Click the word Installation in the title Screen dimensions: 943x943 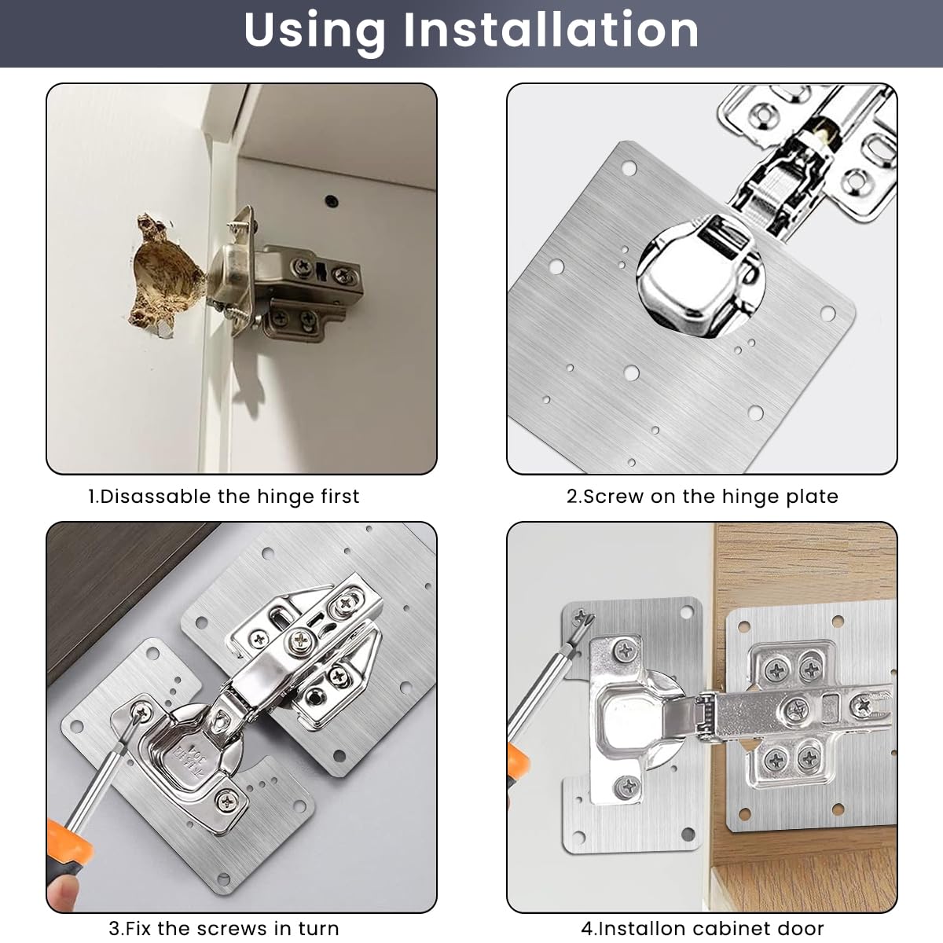tap(551, 31)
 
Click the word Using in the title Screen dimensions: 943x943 tap(314, 31)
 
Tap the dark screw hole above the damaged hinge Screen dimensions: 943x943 tap(332, 200)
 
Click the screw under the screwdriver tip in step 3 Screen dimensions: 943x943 tap(141, 712)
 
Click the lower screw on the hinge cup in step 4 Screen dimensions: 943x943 tap(627, 784)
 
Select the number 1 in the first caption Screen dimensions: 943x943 tap(91, 497)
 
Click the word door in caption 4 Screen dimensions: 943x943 tap(802, 928)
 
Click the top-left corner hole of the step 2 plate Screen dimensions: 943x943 tap(629, 168)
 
